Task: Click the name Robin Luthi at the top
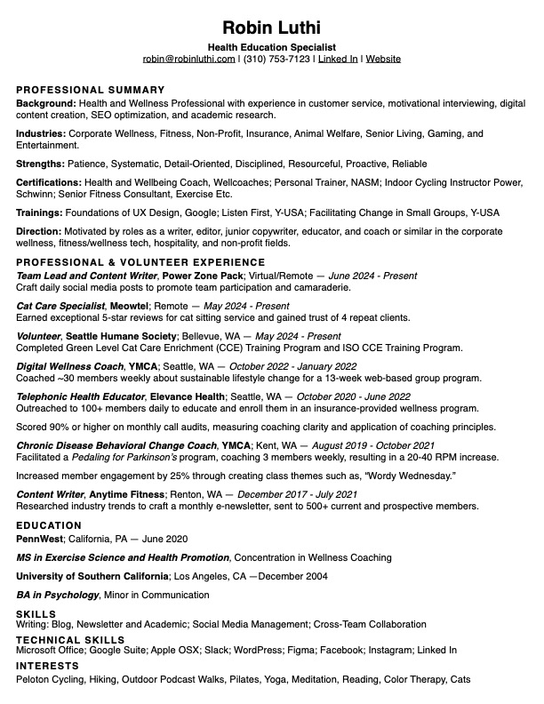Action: (x=272, y=28)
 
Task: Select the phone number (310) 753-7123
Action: (x=276, y=59)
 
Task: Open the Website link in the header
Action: (x=383, y=59)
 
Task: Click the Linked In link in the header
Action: (x=338, y=59)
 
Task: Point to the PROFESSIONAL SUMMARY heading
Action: (x=91, y=90)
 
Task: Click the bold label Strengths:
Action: (x=41, y=164)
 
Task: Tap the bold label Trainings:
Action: (x=39, y=212)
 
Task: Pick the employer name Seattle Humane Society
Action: (x=123, y=336)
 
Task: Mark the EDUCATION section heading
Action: (x=49, y=525)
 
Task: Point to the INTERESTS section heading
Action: (x=48, y=666)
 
